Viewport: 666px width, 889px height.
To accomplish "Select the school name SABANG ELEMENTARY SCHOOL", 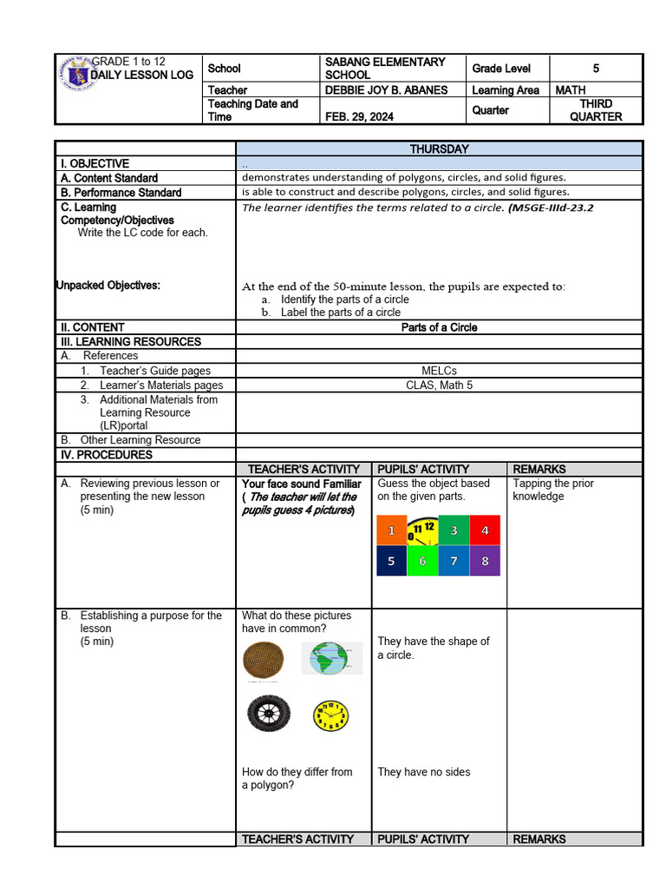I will click(384, 68).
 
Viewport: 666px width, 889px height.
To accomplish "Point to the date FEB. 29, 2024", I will click(359, 116).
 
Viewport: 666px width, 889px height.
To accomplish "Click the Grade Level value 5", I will click(596, 68).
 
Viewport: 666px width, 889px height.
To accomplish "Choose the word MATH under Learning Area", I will click(571, 90).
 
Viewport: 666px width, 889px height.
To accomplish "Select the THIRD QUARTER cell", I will click(596, 110).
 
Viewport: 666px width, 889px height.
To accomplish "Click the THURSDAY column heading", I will click(439, 148).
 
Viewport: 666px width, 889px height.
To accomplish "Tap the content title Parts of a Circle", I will click(439, 327).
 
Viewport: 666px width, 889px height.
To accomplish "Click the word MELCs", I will click(439, 371).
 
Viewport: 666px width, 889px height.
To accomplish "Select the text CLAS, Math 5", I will click(439, 385).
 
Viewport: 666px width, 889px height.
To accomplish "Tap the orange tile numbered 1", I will click(392, 530).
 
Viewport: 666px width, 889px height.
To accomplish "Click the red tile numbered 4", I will click(485, 530).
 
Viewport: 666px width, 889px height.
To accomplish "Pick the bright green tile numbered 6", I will click(422, 561).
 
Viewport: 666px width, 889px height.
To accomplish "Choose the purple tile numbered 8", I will click(485, 561).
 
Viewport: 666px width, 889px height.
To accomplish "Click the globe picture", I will click(332, 658).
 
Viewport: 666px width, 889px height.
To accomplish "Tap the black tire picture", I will click(268, 713).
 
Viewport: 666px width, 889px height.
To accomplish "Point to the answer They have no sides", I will click(424, 772).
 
